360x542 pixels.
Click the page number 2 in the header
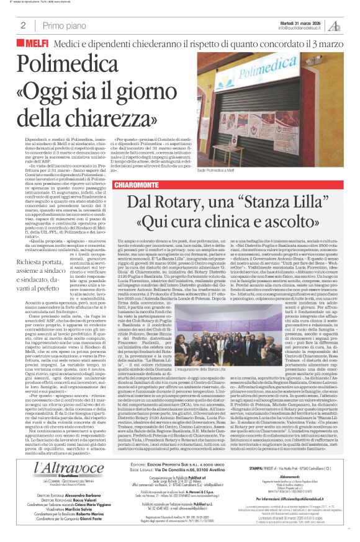pos(22,25)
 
